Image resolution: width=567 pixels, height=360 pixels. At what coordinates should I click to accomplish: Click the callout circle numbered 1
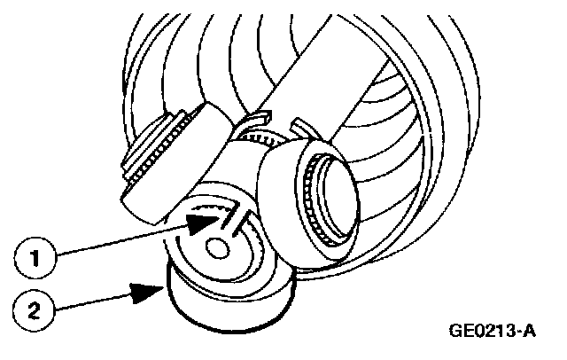(32, 260)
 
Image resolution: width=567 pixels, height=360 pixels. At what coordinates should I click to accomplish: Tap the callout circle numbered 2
(32, 309)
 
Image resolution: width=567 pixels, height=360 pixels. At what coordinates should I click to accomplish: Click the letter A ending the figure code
(532, 333)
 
